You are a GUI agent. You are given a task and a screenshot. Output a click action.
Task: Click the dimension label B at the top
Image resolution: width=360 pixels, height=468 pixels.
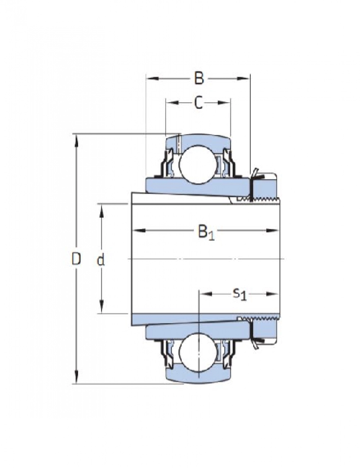point(199,78)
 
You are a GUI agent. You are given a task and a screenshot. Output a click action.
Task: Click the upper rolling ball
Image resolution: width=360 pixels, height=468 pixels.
point(197,164)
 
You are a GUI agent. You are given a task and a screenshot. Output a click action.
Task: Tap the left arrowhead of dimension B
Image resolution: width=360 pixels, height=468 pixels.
point(152,78)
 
